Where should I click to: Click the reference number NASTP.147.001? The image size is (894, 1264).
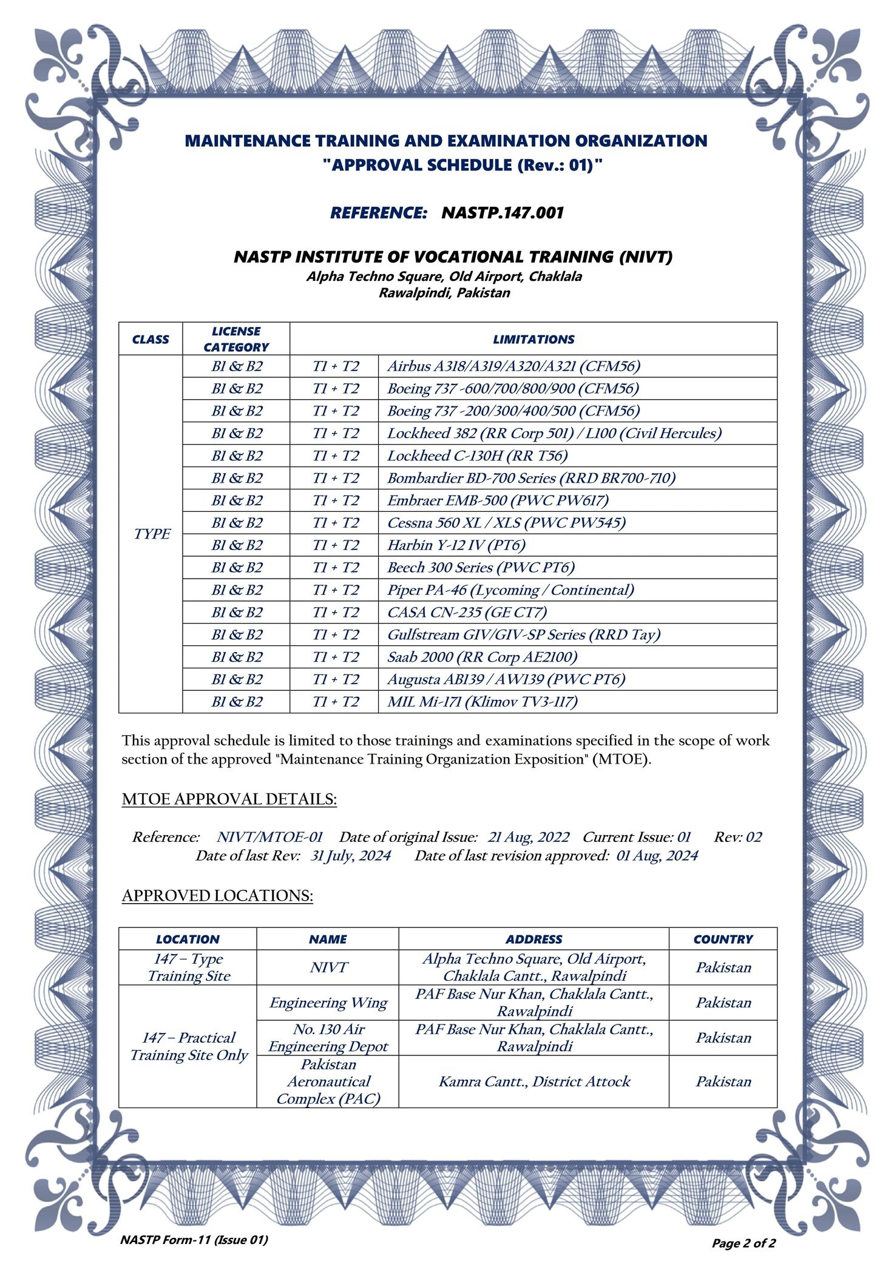pos(503,213)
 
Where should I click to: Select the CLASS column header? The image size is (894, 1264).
pos(151,340)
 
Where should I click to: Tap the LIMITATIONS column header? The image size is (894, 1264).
pos(533,340)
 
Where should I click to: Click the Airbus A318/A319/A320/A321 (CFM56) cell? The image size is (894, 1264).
pos(513,366)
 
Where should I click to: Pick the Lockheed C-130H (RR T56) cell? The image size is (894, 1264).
pos(477,456)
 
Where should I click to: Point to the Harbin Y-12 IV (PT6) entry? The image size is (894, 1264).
pos(456,545)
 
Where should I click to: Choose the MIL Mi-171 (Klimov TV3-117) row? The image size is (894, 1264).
pos(482,702)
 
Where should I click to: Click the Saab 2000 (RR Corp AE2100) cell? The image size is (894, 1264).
pos(482,657)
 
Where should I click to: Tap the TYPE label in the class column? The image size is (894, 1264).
pos(152,534)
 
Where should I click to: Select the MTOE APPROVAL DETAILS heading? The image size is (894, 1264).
pos(229,799)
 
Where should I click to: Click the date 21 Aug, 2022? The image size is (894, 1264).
pos(528,837)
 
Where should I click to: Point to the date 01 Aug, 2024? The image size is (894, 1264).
pos(657,856)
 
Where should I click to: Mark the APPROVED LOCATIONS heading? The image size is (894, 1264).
pos(217,896)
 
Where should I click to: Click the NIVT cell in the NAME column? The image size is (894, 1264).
pos(328,967)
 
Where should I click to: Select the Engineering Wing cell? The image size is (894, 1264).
pos(328,1003)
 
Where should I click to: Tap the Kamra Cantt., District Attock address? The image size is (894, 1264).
pos(534,1081)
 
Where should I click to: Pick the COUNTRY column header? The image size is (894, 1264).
pos(723,939)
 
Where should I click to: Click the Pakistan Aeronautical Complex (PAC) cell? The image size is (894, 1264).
pos(328,1081)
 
